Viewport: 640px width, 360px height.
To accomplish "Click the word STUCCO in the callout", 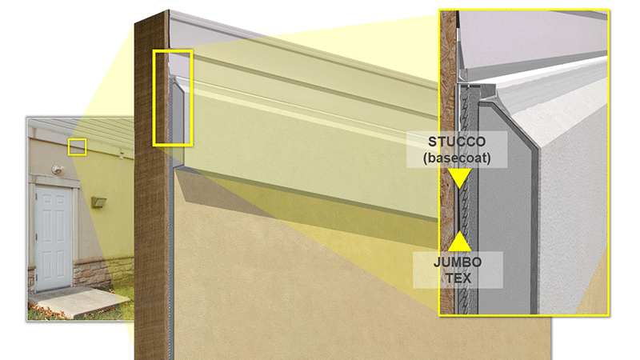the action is (457, 142).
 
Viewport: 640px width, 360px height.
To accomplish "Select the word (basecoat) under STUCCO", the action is (457, 158).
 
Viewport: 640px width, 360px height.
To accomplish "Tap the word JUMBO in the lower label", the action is (458, 262).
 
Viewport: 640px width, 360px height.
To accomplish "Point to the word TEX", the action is (458, 278).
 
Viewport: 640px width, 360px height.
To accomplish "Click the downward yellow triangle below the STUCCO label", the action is (459, 177).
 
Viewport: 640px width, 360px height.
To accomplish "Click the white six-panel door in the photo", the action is (54, 238).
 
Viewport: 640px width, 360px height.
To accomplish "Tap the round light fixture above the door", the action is (57, 169).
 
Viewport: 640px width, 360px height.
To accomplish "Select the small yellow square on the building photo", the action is (77, 147).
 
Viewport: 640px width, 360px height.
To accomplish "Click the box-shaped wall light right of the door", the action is (98, 202).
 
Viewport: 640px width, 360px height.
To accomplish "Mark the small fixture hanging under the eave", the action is (122, 154).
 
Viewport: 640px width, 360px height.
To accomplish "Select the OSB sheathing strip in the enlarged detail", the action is (448, 163).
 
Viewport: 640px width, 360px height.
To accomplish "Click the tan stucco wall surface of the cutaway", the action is (306, 286).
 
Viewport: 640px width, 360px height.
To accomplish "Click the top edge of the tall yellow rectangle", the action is (173, 51).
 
